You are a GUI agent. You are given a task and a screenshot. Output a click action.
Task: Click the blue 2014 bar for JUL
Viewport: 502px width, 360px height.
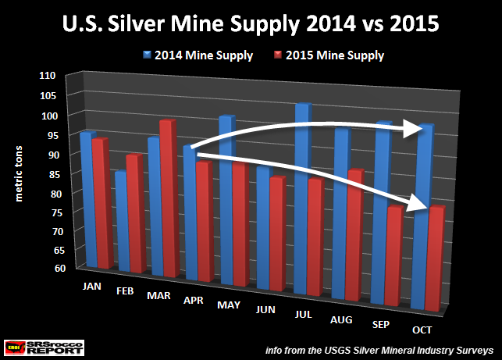tap(302, 203)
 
